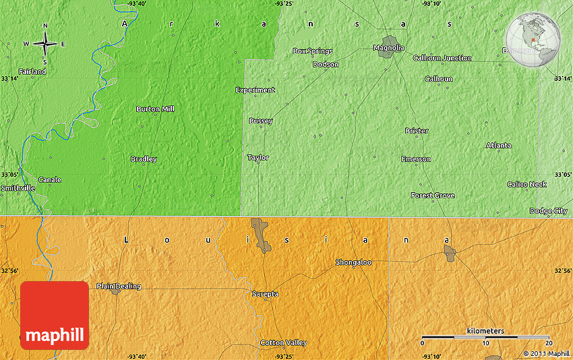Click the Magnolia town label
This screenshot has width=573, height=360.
[x=389, y=48]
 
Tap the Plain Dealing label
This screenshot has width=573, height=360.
[x=119, y=286]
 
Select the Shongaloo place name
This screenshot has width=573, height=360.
[x=353, y=262]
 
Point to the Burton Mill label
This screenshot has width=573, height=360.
[x=155, y=109]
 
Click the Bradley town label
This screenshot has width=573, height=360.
[x=144, y=159]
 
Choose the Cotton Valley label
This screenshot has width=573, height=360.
[x=283, y=342]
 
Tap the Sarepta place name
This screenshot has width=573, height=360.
[x=264, y=294]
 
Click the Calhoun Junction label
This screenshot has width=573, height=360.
[x=442, y=58]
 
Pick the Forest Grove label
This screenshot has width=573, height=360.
[x=433, y=196]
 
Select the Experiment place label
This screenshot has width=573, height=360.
[x=255, y=90]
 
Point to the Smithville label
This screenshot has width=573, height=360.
[x=18, y=188]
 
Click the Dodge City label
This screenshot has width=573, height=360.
[x=548, y=211]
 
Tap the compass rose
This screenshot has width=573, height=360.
[x=45, y=44]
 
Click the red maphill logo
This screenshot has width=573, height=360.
[x=55, y=315]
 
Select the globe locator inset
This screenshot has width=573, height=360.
[x=533, y=40]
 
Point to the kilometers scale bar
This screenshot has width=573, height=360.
[x=485, y=336]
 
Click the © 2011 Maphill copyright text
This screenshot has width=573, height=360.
[x=546, y=353]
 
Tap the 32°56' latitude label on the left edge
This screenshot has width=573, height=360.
[x=9, y=270]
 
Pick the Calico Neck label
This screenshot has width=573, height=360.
[x=526, y=184]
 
